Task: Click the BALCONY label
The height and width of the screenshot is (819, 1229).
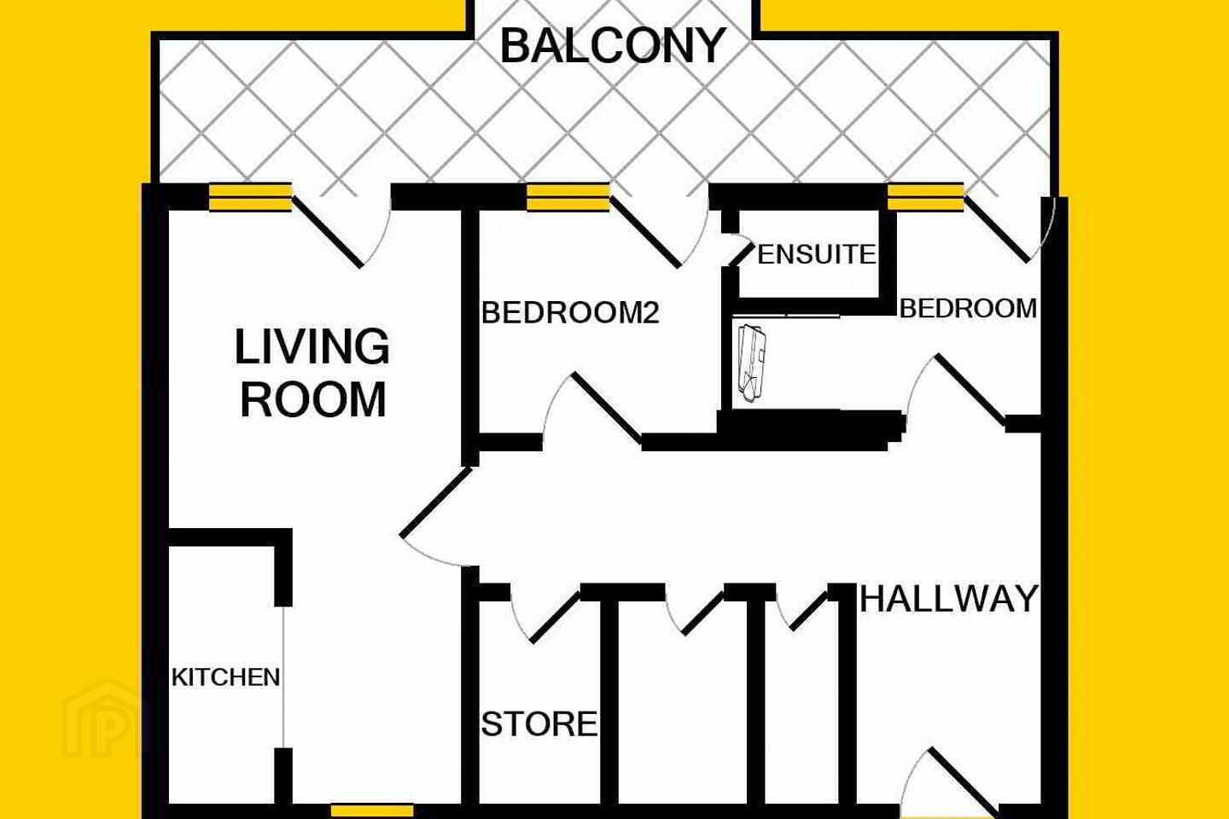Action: click(x=613, y=47)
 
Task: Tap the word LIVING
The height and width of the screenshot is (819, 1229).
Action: click(x=312, y=346)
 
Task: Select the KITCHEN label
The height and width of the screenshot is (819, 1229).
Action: click(x=226, y=677)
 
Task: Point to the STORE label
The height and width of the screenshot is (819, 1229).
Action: click(x=539, y=723)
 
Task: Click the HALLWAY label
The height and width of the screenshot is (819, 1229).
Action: click(x=949, y=599)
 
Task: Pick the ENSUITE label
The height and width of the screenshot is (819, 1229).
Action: click(x=817, y=254)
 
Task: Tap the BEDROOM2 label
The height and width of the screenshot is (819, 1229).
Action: click(x=570, y=313)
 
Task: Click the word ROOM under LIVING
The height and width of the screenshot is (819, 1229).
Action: click(x=312, y=399)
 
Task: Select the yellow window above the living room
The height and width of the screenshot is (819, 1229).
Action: click(x=250, y=197)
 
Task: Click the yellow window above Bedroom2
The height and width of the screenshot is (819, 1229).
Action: click(x=568, y=197)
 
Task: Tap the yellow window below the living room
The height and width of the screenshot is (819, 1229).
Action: click(x=372, y=810)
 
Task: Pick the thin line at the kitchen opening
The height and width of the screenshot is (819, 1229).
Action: click(x=283, y=677)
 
